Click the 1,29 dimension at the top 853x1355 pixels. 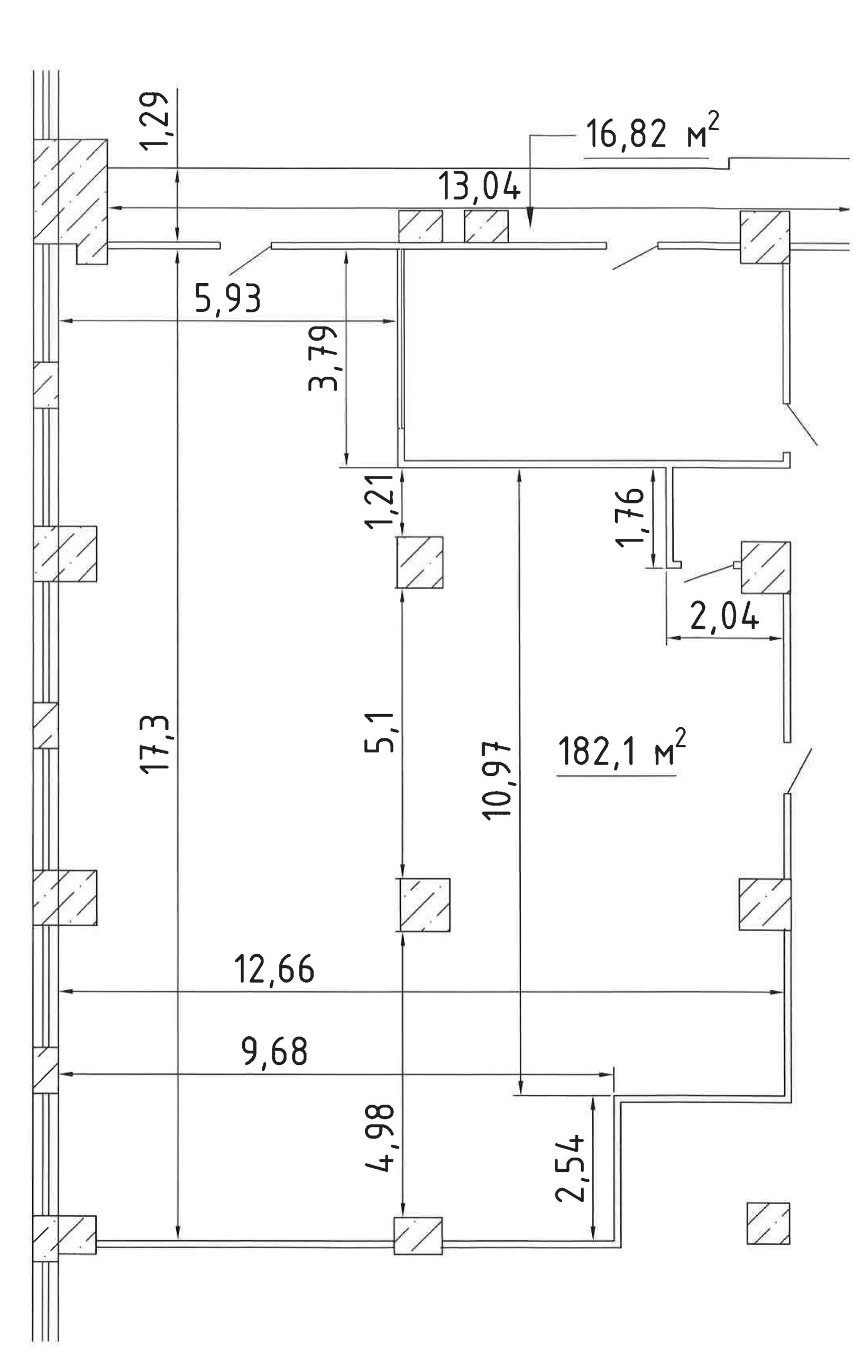pyautogui.click(x=153, y=120)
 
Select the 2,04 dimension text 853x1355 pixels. pyautogui.click(x=725, y=618)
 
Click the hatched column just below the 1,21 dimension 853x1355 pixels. pyautogui.click(x=419, y=562)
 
